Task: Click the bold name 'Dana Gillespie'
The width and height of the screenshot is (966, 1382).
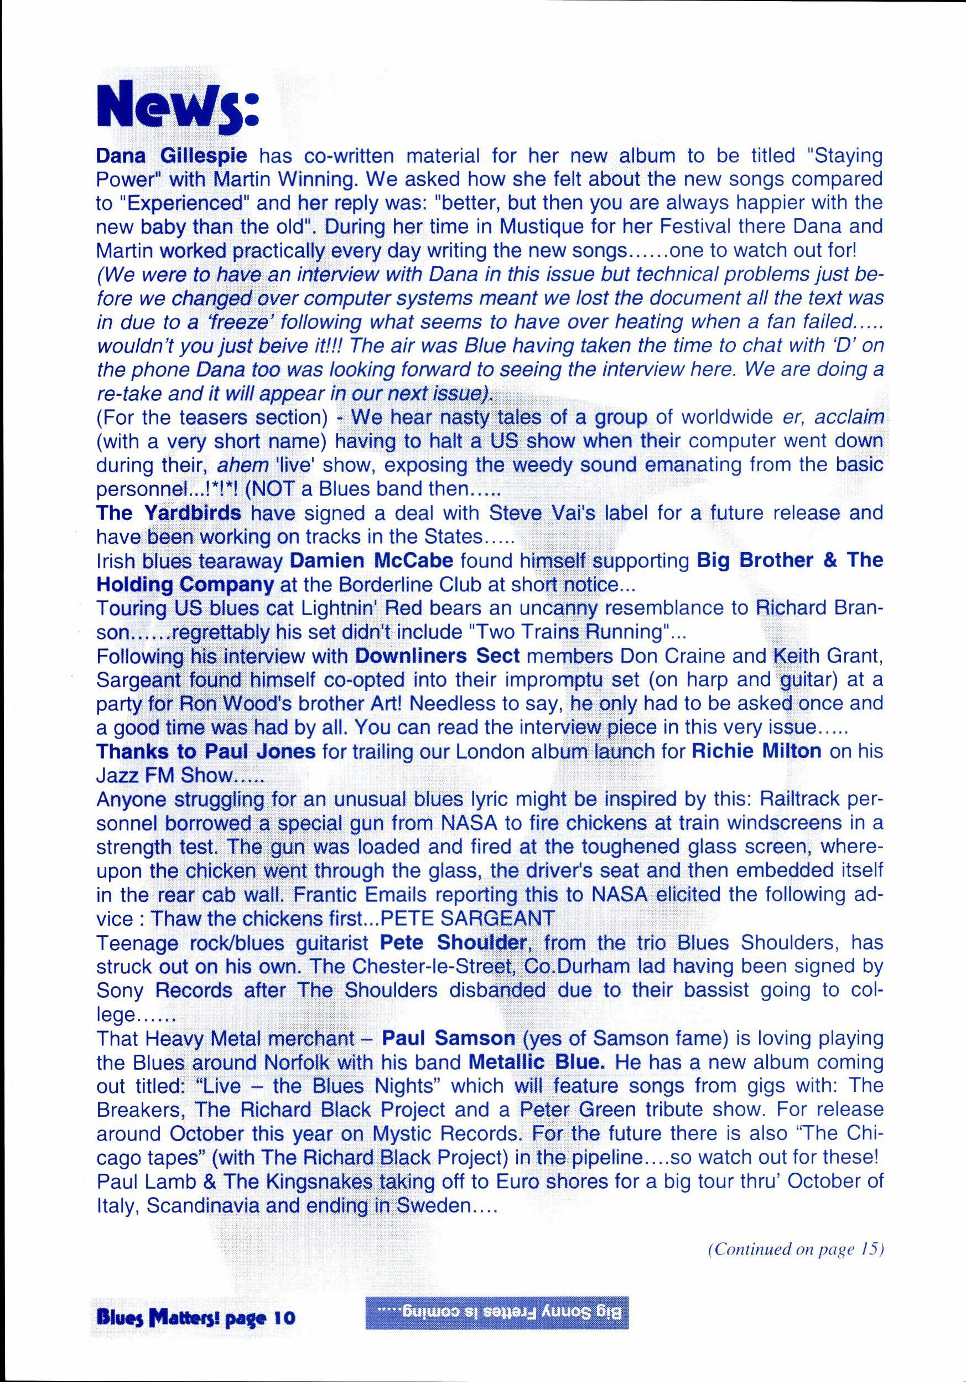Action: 172,156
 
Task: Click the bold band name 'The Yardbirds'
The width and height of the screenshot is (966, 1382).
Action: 168,513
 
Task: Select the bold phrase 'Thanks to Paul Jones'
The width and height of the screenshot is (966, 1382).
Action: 206,751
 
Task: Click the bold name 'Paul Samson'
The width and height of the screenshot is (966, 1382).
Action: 449,1038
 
